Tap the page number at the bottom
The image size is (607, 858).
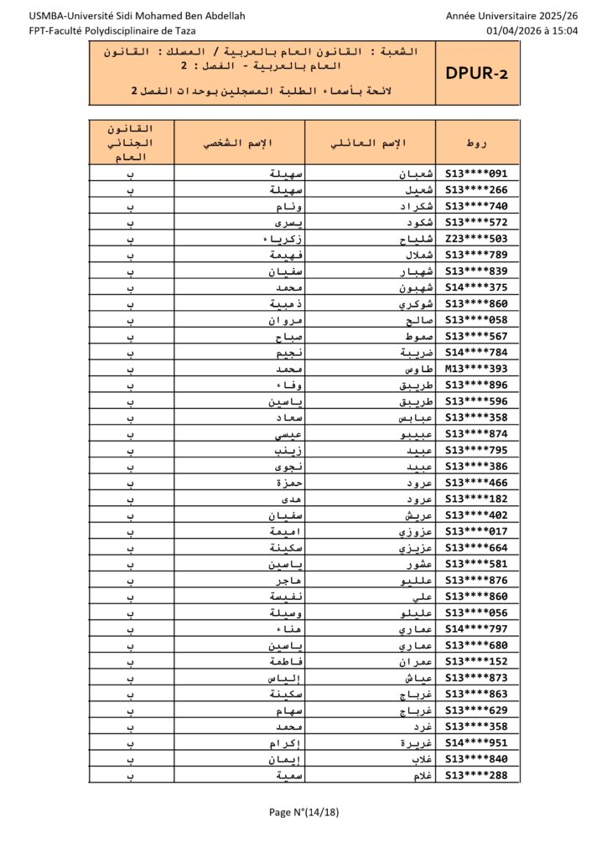(x=303, y=811)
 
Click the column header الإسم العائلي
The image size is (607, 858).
(x=370, y=142)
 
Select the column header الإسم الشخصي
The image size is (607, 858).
(x=240, y=142)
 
